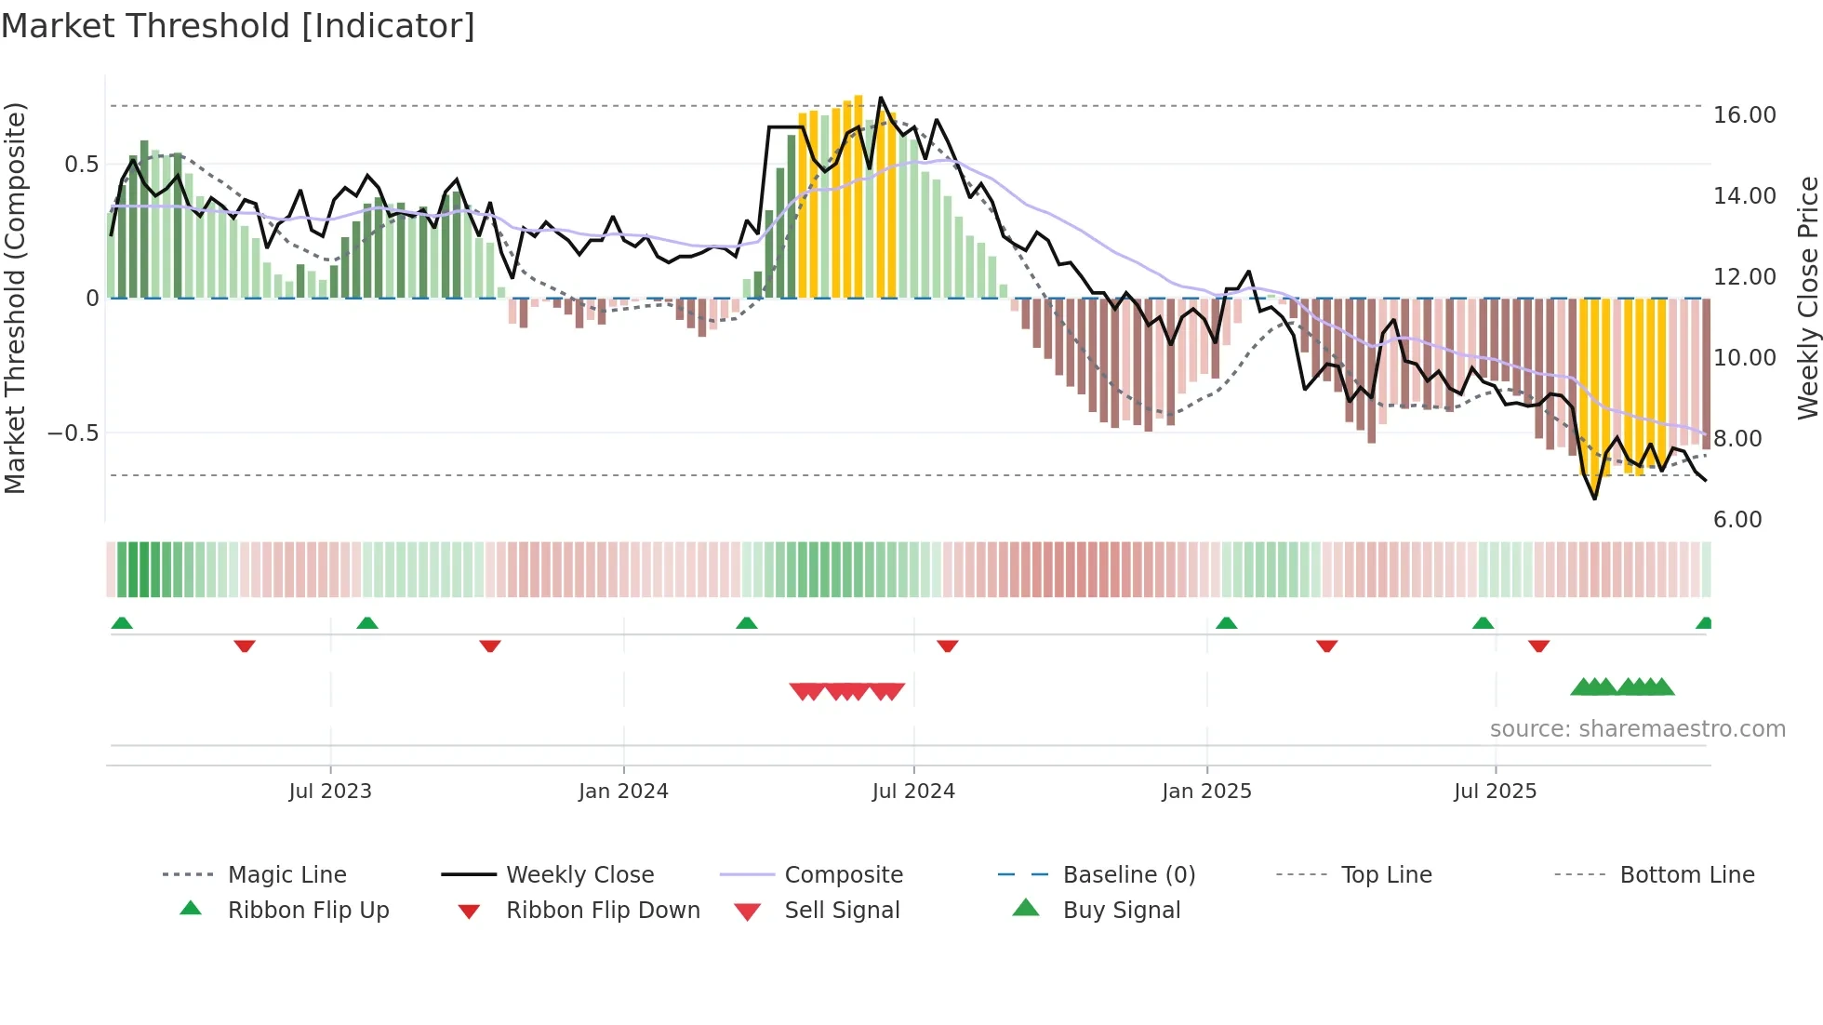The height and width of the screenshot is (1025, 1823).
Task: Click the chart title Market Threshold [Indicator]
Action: coord(238,26)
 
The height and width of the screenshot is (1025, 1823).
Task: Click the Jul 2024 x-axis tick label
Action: coord(913,791)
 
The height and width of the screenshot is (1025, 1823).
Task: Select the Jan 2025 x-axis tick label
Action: coord(1206,791)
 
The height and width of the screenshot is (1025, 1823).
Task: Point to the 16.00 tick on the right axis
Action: coord(1744,114)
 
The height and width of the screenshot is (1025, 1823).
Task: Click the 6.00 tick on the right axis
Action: coord(1737,519)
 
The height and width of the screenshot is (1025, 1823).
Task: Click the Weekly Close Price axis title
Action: coord(1807,298)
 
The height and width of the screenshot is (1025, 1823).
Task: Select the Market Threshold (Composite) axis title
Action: coord(15,298)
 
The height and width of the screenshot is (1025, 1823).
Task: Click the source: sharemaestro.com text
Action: coord(1637,728)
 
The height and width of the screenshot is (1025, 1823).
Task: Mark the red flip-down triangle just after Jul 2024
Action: coord(947,646)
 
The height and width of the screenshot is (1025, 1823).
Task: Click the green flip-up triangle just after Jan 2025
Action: coord(1226,623)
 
